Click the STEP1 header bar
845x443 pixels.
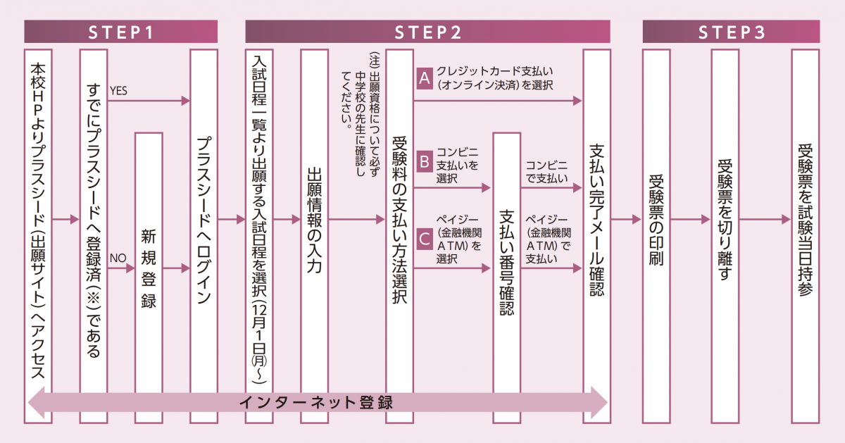click(x=120, y=32)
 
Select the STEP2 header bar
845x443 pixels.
click(x=427, y=32)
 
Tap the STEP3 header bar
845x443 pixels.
click(x=731, y=32)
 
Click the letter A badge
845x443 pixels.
click(x=424, y=78)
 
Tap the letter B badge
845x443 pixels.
click(x=424, y=161)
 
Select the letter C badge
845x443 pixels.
click(x=424, y=239)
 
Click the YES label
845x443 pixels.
click(x=118, y=90)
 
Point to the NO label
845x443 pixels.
click(x=117, y=258)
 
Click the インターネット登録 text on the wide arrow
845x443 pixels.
click(x=315, y=403)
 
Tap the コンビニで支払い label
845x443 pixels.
click(x=546, y=172)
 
